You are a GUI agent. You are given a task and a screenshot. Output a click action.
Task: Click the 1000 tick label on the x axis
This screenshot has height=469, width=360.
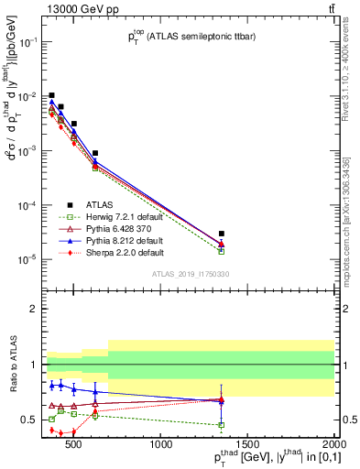161,447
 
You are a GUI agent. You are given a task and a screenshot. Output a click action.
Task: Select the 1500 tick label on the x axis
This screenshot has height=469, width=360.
248,447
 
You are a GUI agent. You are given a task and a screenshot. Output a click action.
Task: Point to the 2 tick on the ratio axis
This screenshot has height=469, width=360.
37,309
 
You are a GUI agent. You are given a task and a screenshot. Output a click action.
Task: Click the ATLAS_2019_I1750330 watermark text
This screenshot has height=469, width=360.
189,274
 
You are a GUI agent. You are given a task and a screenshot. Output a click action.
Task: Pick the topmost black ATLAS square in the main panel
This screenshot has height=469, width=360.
51,95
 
